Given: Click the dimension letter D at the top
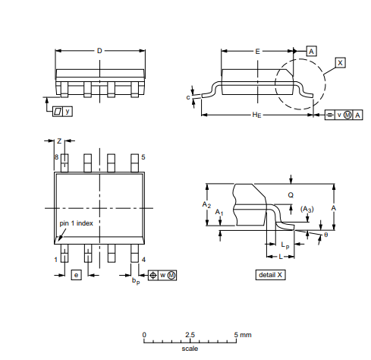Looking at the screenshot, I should [99, 51].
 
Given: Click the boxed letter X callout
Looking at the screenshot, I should [340, 62].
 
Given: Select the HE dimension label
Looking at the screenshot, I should [257, 115].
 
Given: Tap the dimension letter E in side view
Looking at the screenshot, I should [258, 51].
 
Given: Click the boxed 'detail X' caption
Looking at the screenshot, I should [271, 274].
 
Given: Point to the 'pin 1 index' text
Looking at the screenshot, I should [77, 223].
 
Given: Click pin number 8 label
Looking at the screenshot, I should [55, 156].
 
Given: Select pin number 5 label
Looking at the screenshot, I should [143, 156].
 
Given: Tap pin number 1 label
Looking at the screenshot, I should [55, 260].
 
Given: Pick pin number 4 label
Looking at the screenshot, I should [143, 260].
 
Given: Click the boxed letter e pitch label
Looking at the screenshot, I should [76, 274].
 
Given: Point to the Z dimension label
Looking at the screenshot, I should [59, 141].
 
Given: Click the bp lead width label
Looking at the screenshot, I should [135, 281].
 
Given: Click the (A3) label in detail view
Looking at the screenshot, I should [307, 209].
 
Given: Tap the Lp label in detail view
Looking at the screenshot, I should [285, 245].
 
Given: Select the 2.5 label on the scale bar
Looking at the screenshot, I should [190, 334].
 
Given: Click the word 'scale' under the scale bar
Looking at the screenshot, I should [190, 349].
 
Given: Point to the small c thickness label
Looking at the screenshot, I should [187, 97].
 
